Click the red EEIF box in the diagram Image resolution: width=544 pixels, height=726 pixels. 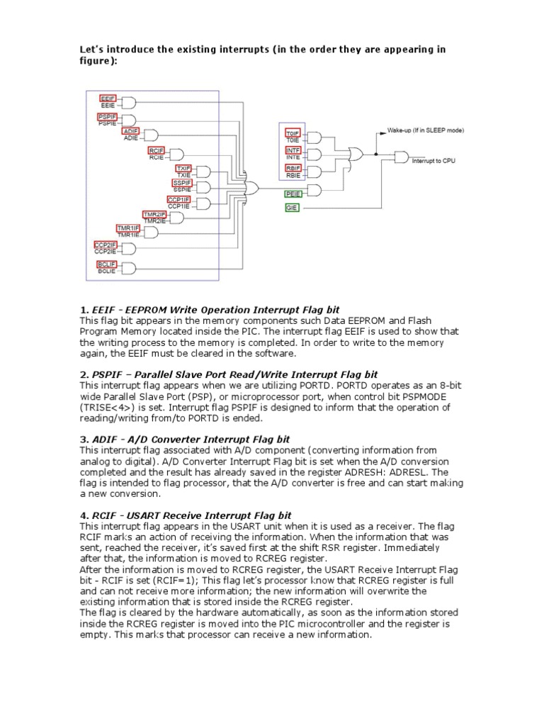pyautogui.click(x=108, y=99)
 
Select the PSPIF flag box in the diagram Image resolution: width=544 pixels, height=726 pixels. pyautogui.click(x=107, y=116)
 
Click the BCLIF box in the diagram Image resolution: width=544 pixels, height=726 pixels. pyautogui.click(x=106, y=264)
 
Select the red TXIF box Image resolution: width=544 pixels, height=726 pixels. pyautogui.click(x=183, y=168)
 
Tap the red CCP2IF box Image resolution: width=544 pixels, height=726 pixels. pyautogui.click(x=106, y=245)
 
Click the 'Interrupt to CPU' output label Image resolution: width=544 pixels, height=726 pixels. pyautogui.click(x=434, y=162)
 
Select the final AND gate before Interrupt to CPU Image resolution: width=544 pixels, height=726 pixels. pyautogui.click(x=400, y=155)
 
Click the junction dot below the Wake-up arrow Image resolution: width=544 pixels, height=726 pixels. pyautogui.click(x=377, y=154)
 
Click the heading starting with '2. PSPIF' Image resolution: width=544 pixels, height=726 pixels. pyautogui.click(x=229, y=374)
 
